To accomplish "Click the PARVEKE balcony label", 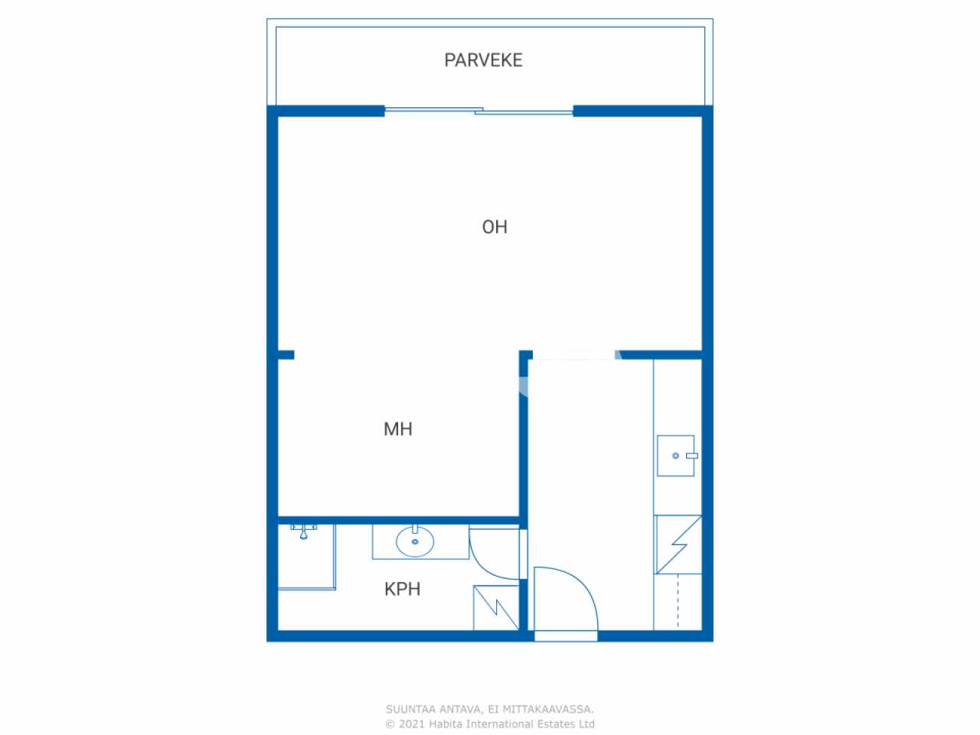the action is tap(483, 60).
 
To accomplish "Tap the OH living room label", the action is tap(495, 227).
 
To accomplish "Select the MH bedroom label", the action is tap(398, 430).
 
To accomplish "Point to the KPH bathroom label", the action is tap(402, 590).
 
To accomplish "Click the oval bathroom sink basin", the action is tap(415, 542).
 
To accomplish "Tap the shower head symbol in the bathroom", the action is tap(304, 531).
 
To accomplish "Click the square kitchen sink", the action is tap(675, 456).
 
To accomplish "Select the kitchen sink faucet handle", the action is tap(692, 456).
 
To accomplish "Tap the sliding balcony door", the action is tap(479, 112).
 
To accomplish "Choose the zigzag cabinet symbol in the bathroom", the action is tap(496, 608).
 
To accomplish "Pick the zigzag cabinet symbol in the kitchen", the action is tap(678, 544).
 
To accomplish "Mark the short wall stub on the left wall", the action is tap(286, 354).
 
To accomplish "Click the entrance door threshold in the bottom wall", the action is tap(566, 636).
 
